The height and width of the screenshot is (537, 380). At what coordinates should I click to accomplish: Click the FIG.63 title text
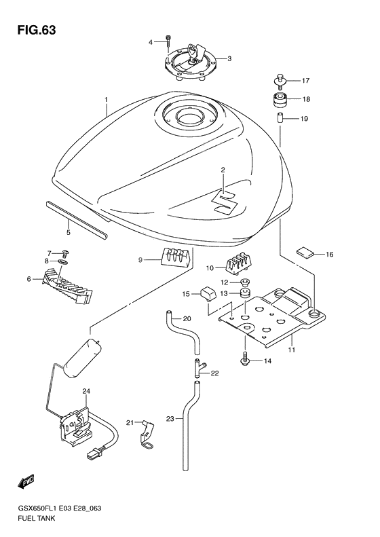pos(33,31)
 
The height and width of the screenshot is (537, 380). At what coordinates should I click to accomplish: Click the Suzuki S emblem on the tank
pos(224,202)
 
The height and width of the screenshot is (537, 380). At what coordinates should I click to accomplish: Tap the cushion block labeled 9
pos(174,259)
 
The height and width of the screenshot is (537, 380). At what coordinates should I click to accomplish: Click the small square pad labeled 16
pos(307,254)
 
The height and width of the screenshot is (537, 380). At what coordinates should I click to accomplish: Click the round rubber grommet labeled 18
pos(279,101)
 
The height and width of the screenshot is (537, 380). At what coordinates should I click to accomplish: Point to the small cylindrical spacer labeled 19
pos(279,120)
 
